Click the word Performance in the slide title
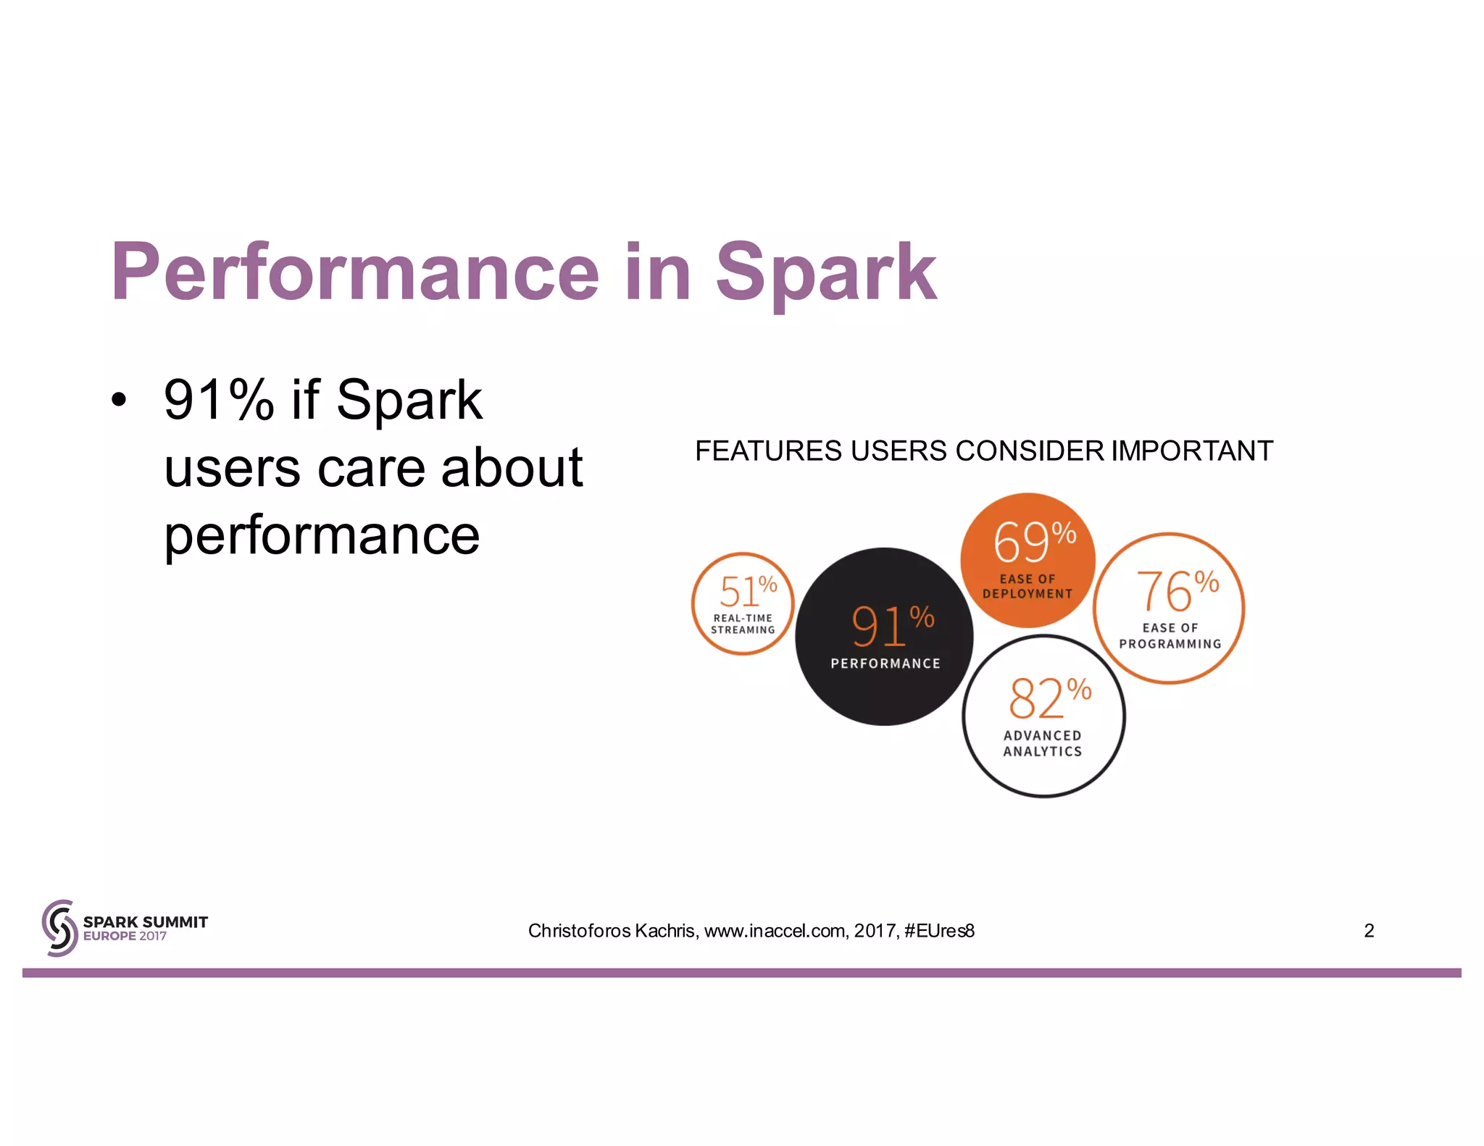355,273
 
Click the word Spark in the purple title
826,273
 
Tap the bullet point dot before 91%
119,400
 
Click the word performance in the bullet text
322,536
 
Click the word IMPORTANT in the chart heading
1192,451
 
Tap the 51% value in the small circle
747,591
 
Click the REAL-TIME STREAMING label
743,624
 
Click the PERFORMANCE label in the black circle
885,664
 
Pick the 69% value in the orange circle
1033,542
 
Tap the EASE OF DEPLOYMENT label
1027,587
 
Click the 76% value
1176,590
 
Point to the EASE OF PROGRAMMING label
1170,636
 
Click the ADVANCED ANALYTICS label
1043,744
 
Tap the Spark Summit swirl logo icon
59,928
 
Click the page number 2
1369,931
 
